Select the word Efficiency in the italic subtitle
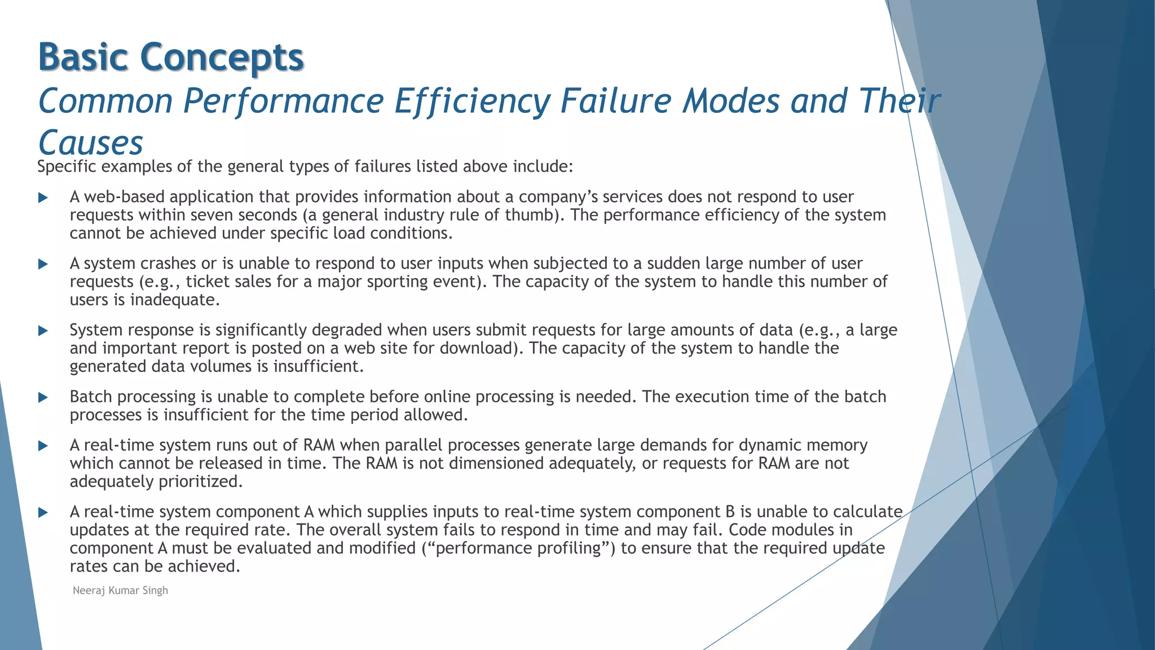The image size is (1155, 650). (471, 101)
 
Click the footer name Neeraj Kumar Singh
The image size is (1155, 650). (120, 590)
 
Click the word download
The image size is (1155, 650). (478, 348)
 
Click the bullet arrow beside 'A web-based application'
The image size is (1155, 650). (43, 198)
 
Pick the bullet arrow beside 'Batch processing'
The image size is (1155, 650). (43, 398)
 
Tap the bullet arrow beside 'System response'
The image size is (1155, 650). (43, 331)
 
